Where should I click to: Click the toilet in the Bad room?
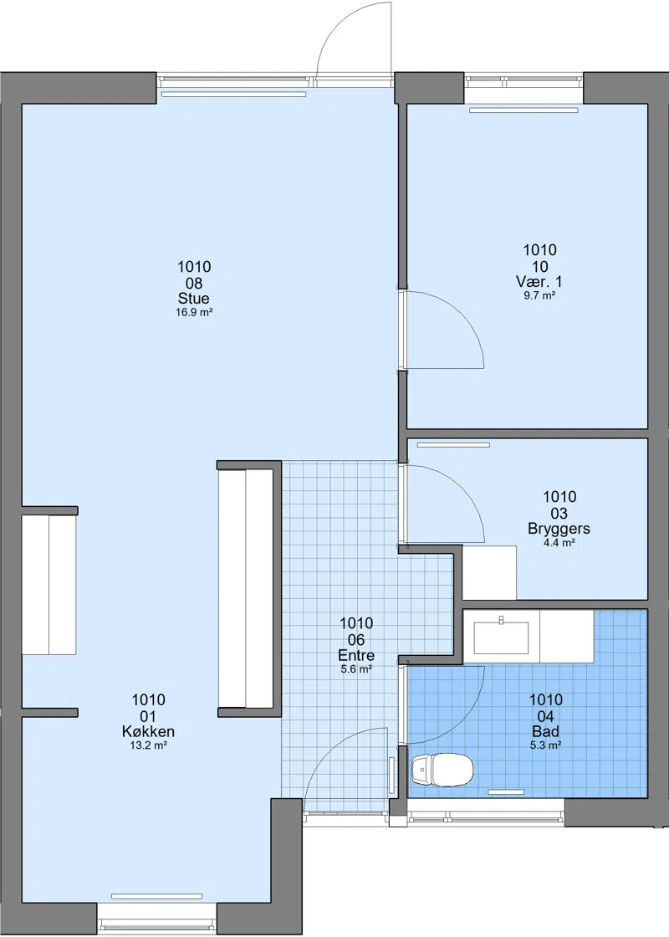tap(442, 769)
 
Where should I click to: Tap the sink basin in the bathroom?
tap(502, 637)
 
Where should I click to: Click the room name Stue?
tap(193, 298)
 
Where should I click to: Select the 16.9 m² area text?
tap(194, 313)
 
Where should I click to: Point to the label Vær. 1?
tap(539, 281)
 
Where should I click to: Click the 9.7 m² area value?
tap(539, 295)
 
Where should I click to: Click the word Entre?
tap(356, 655)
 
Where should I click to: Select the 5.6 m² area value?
tap(356, 669)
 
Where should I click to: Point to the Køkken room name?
tap(148, 731)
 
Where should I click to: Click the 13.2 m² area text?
tap(148, 745)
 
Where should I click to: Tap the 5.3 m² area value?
tap(545, 745)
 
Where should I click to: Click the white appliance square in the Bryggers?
tap(490, 572)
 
